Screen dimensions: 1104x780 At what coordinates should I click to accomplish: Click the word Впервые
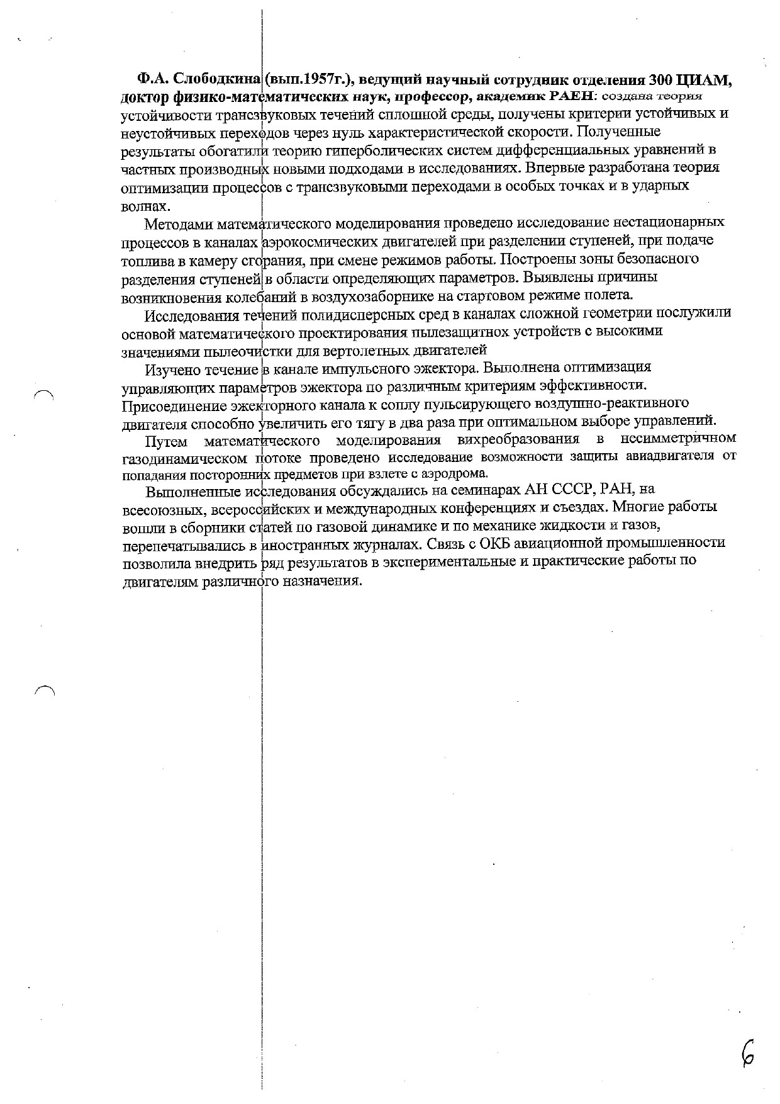pos(551,168)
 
